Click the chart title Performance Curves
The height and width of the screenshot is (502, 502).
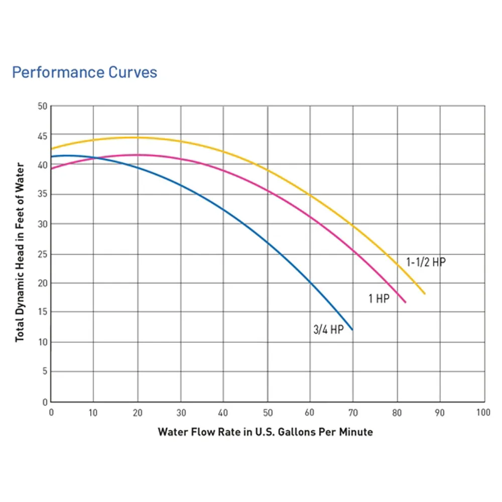click(x=84, y=72)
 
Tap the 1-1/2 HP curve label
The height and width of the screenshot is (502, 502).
click(x=426, y=262)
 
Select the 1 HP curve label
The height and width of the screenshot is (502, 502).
click(x=379, y=298)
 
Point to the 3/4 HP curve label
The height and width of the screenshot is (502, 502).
click(x=328, y=329)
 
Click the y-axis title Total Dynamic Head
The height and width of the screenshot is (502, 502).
click(x=20, y=253)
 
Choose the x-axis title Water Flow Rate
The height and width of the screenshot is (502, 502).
click(x=266, y=432)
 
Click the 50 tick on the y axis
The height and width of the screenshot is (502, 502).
click(x=42, y=106)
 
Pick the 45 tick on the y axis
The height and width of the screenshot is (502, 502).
click(x=42, y=136)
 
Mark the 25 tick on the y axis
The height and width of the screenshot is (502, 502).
click(x=42, y=254)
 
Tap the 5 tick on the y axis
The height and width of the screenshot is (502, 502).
click(x=45, y=371)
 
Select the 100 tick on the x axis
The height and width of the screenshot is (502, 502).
click(x=483, y=412)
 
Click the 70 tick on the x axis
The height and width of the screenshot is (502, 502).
click(x=353, y=413)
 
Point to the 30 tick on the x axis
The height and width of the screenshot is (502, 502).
click(x=181, y=413)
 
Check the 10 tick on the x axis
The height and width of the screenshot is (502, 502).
click(x=93, y=413)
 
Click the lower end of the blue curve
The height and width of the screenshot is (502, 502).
click(x=352, y=329)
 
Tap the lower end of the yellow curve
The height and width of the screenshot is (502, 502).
click(x=425, y=294)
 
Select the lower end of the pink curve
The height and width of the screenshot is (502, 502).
click(x=405, y=302)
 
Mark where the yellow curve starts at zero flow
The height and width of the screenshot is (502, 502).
click(x=51, y=149)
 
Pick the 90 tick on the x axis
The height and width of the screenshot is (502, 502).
click(x=440, y=413)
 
